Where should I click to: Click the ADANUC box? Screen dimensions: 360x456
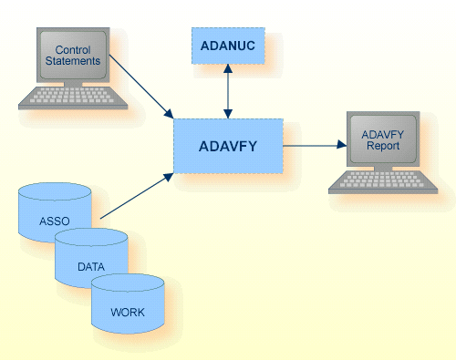click(x=227, y=45)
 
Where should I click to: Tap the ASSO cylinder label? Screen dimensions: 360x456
click(x=55, y=221)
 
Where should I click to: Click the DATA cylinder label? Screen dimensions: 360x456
click(x=90, y=266)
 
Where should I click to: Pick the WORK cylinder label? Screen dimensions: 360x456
click(x=128, y=312)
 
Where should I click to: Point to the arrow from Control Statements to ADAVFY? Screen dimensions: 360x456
click(x=140, y=88)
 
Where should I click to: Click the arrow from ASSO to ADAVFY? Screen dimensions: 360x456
click(x=137, y=193)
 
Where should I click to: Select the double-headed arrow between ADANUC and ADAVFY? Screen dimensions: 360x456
click(x=227, y=90)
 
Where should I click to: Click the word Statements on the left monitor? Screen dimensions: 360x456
click(x=74, y=62)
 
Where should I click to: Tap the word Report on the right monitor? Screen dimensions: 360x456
click(x=383, y=148)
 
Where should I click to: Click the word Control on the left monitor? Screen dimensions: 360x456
click(x=74, y=49)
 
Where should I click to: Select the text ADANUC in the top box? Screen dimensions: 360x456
click(x=227, y=45)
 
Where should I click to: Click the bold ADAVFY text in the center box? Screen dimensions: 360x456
click(x=227, y=145)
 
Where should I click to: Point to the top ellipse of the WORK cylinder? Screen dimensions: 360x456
click(x=128, y=283)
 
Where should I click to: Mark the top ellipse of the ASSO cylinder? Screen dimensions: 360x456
click(x=55, y=192)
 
